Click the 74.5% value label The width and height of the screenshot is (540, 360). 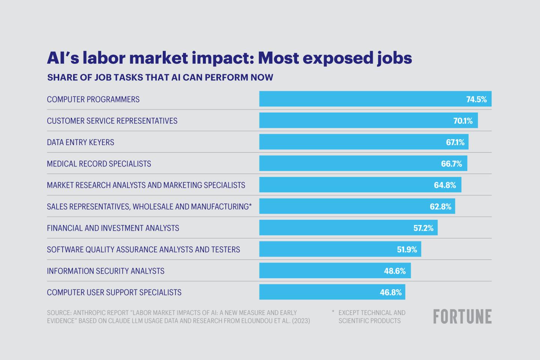click(x=476, y=99)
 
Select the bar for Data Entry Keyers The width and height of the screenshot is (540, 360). click(x=364, y=142)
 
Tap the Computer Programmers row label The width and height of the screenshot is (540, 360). click(x=93, y=99)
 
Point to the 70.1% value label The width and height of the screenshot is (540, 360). click(x=463, y=121)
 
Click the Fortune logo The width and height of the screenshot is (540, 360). click(x=462, y=316)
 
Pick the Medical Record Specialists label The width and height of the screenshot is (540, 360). click(x=99, y=164)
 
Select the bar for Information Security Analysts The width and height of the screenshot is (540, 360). click(x=335, y=270)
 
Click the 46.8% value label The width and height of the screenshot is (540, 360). click(x=390, y=292)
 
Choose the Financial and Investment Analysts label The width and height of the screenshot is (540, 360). click(x=113, y=228)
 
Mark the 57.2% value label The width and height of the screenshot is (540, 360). click(x=423, y=228)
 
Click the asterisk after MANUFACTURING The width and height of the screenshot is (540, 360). click(x=250, y=205)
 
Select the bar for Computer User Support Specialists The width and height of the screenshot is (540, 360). click(x=332, y=292)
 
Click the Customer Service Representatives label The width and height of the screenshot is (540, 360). click(x=112, y=121)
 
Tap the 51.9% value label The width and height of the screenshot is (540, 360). click(x=407, y=249)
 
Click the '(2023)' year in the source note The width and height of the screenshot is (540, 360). click(x=301, y=321)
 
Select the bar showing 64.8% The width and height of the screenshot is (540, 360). click(x=360, y=185)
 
